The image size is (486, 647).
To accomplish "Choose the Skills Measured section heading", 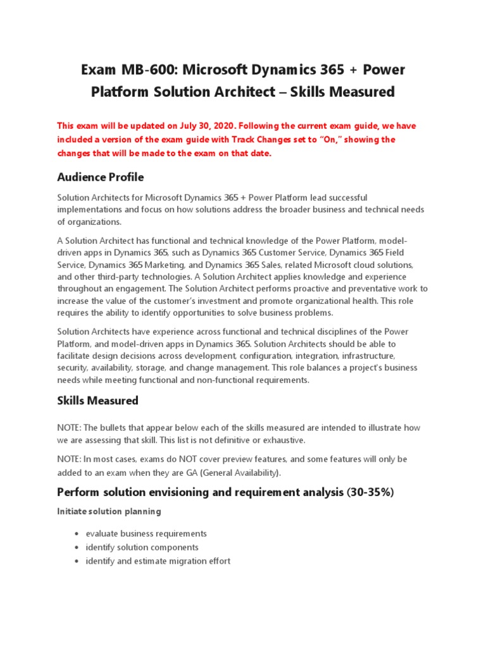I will pos(97,401).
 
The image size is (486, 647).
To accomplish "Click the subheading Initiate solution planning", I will pos(109,511).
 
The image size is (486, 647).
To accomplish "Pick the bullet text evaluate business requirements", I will pos(146,533).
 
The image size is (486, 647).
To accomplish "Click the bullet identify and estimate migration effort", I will pos(158,560).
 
